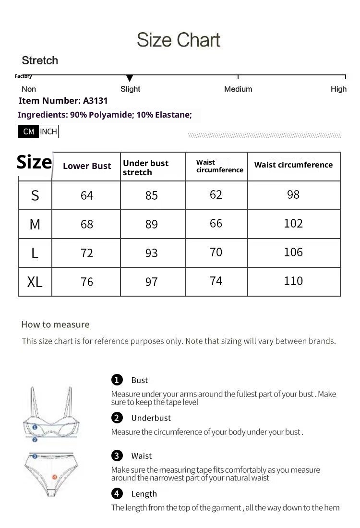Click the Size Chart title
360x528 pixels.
click(179, 40)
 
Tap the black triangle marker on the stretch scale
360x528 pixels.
click(129, 78)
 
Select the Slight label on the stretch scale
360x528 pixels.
click(130, 89)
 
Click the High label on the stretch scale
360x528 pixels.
click(338, 89)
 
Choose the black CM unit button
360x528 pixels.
click(28, 132)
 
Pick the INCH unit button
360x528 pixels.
click(48, 132)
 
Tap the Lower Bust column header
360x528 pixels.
click(87, 166)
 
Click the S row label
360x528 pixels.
click(35, 195)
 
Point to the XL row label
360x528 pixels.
click(35, 282)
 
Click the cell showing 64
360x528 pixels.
click(87, 195)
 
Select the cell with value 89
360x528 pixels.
click(152, 224)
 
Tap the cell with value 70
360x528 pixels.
click(216, 252)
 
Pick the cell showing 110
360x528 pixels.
click(293, 281)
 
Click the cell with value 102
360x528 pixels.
click(293, 223)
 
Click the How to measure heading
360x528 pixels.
click(55, 324)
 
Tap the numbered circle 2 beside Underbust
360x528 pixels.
click(117, 418)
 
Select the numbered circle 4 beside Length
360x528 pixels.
click(117, 493)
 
